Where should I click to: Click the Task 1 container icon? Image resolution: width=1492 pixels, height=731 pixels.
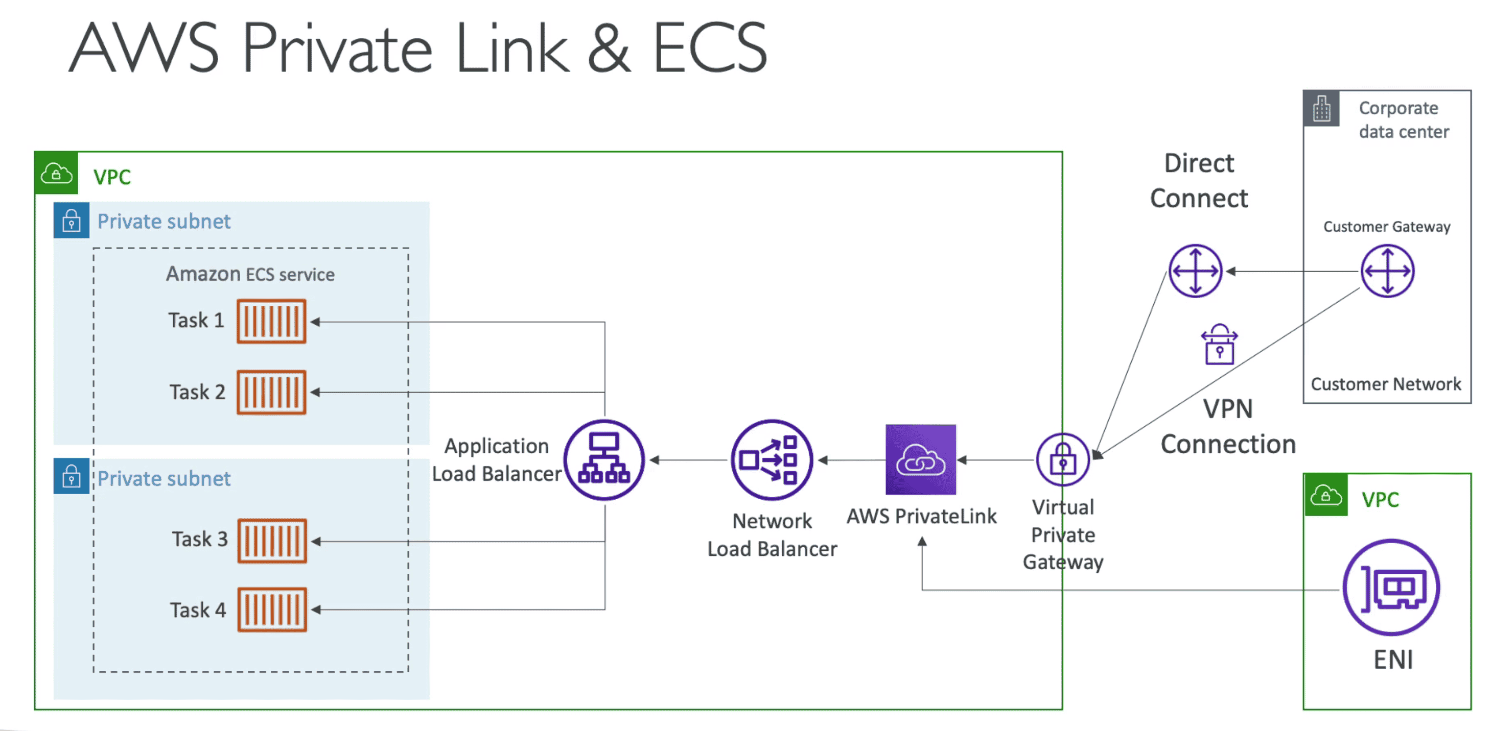271,321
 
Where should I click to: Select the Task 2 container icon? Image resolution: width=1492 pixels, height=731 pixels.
271,393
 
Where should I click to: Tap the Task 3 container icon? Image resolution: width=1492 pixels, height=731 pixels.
272,541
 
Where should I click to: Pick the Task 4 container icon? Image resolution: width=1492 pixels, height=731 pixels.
272,610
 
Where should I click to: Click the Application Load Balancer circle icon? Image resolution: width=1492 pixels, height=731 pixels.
604,459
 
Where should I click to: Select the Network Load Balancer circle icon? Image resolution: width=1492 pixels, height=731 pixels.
772,459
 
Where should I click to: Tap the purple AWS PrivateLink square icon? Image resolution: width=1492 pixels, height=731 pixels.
920,459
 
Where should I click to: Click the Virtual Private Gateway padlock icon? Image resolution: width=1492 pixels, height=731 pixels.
1063,459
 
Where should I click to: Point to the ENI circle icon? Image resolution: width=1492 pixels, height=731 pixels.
1391,587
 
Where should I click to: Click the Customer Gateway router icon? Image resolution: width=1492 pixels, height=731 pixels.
1387,271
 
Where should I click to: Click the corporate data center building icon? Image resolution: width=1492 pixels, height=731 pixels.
1321,108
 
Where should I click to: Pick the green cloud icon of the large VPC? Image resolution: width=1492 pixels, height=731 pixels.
56,173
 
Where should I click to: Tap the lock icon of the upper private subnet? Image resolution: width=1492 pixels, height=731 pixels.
71,221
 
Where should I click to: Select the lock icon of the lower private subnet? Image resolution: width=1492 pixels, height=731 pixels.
71,476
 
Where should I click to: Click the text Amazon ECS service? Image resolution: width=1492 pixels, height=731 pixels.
250,274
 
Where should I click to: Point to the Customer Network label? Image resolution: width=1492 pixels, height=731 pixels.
1385,384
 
